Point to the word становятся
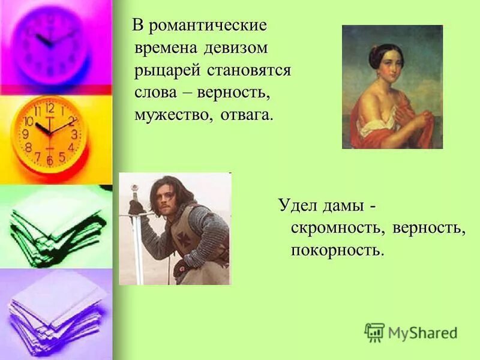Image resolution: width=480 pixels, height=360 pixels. click(248, 70)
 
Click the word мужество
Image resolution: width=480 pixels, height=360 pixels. click(173, 114)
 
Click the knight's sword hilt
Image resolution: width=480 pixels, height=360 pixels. click(136, 205)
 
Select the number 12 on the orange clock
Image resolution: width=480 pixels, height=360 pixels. click(50, 109)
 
